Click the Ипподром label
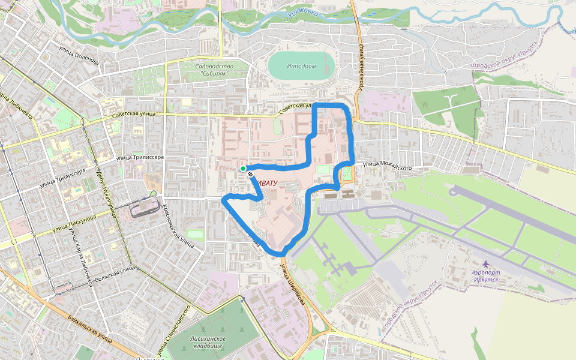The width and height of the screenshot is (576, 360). [x=301, y=66]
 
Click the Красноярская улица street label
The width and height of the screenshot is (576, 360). [x=178, y=226]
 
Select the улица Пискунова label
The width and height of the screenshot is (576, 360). [x=75, y=222]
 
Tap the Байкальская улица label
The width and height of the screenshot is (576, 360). [x=89, y=327]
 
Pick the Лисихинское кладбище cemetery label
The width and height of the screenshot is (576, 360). [x=207, y=342]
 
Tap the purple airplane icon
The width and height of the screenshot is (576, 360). [x=485, y=263]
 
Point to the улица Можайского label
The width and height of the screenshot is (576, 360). [x=386, y=166]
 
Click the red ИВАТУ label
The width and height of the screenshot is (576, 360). [x=266, y=182]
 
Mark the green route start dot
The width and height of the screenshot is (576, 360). [x=243, y=169]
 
